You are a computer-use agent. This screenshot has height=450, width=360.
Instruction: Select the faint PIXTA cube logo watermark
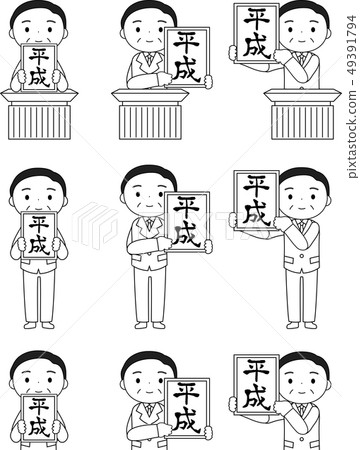(95, 225)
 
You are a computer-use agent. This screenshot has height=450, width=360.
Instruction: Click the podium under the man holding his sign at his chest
(39, 114)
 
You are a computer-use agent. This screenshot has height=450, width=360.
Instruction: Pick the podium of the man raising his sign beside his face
(303, 114)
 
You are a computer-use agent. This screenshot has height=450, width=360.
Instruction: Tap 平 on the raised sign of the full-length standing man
(256, 186)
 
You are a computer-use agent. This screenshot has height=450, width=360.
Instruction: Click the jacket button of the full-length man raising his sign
(302, 256)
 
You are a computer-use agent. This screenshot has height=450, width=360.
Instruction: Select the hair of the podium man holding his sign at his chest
(37, 12)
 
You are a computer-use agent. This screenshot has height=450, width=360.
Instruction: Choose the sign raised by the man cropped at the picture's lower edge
(256, 384)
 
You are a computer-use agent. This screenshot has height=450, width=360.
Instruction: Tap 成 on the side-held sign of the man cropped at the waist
(187, 421)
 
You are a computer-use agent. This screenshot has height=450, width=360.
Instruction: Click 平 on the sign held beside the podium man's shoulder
(187, 43)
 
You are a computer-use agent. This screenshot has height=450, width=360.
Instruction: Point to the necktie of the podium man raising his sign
(302, 58)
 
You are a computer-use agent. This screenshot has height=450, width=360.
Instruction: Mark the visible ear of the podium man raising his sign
(329, 33)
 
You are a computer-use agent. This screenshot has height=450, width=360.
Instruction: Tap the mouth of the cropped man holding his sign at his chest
(39, 391)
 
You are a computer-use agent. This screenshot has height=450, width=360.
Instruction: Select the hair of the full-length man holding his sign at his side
(148, 178)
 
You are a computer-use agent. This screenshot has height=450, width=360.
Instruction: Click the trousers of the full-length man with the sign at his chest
(39, 296)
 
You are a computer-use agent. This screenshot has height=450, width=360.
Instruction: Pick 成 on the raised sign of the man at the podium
(256, 46)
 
